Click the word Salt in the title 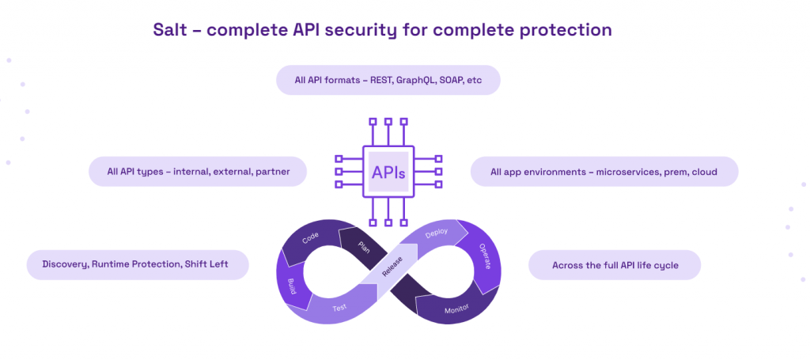pyautogui.click(x=170, y=30)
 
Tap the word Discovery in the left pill pyautogui.click(x=66, y=263)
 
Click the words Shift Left pyautogui.click(x=208, y=263)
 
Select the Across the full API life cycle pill pyautogui.click(x=614, y=266)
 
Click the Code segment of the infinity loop pyautogui.click(x=310, y=238)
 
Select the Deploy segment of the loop pyautogui.click(x=436, y=234)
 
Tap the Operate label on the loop pyautogui.click(x=484, y=256)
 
